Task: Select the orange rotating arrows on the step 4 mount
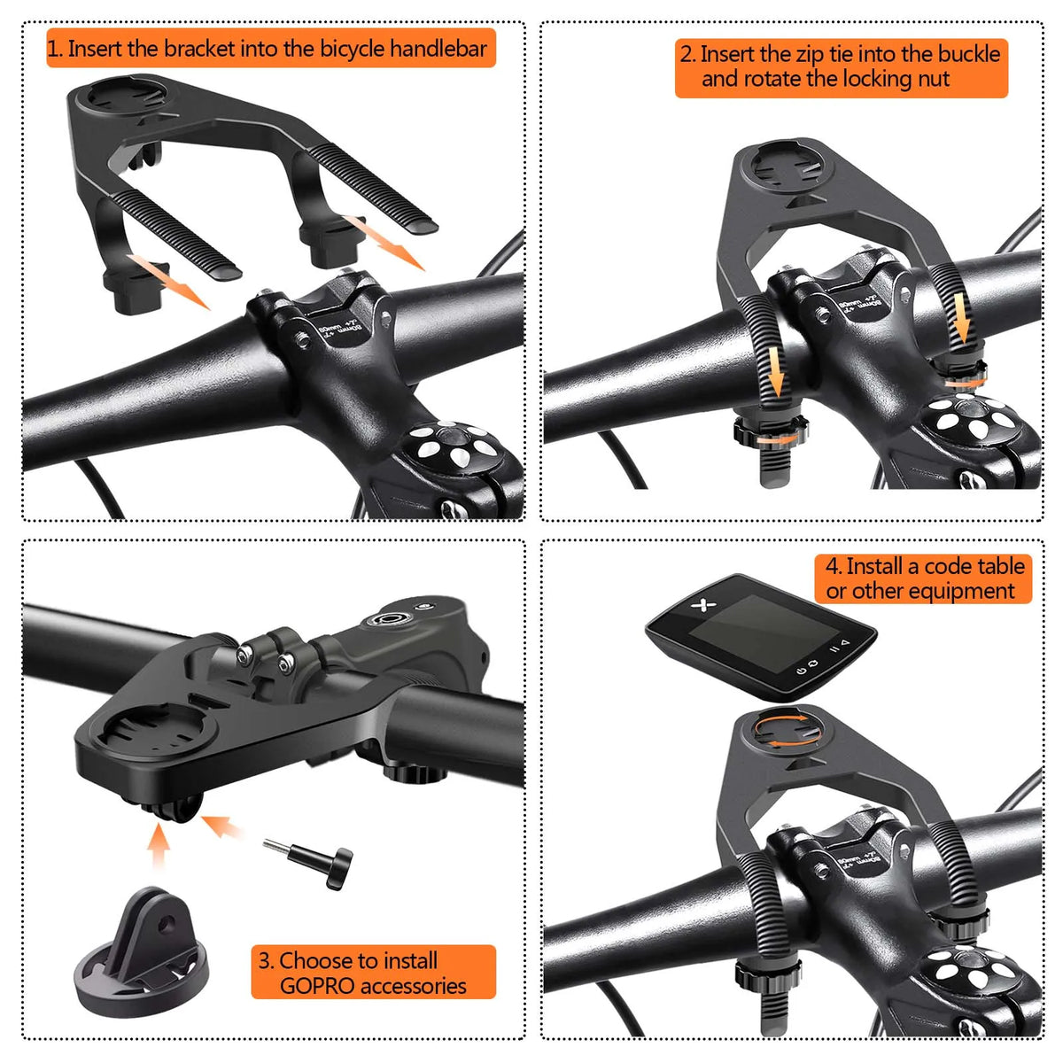tap(781, 731)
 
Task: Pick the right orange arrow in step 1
tap(383, 240)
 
